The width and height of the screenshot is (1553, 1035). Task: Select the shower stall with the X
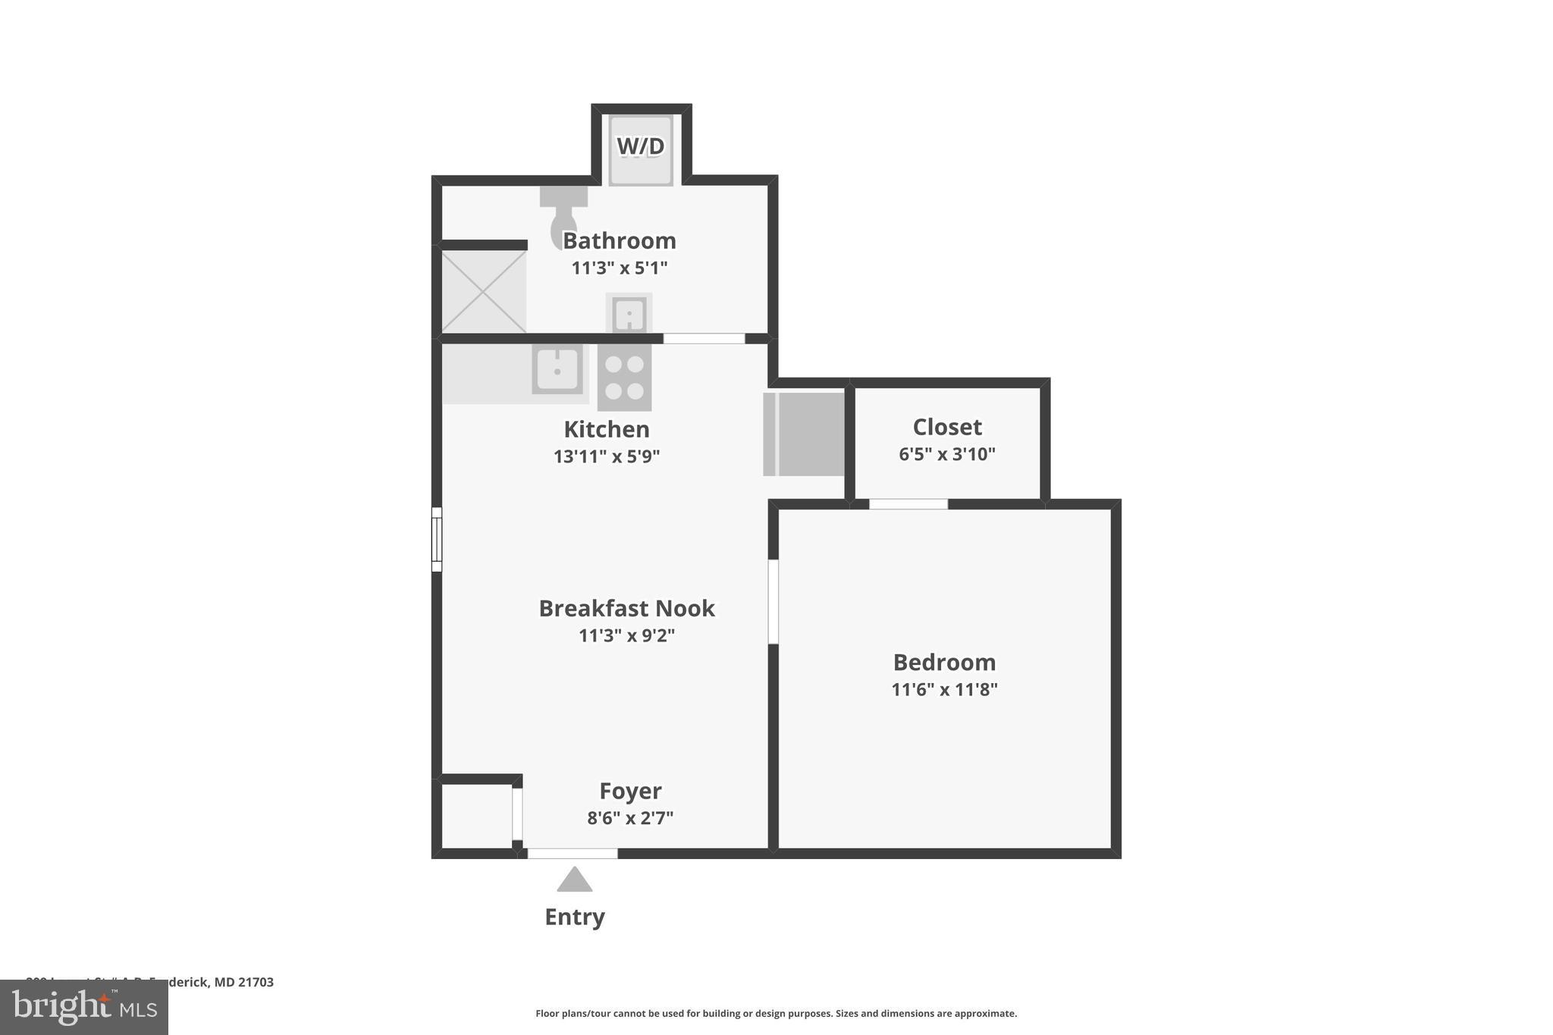483,292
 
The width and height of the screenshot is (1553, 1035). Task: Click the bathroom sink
629,314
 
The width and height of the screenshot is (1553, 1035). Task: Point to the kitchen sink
557,369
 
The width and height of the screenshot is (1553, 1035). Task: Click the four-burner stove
624,377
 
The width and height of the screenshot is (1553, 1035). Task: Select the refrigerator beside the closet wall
805,434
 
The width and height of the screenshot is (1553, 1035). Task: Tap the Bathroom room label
619,241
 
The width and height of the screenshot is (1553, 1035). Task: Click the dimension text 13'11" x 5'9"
607,456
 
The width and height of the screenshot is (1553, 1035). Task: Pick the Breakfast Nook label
626,608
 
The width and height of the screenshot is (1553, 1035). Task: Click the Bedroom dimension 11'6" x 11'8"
944,689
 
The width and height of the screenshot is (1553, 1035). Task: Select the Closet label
947,427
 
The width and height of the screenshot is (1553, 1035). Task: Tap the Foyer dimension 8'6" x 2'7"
630,818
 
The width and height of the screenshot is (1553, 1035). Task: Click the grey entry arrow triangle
574,880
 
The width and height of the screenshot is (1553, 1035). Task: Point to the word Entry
574,917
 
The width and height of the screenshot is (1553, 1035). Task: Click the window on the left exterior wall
437,539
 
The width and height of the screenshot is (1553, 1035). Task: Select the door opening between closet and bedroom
908,504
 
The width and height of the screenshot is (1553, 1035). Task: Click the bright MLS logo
84,1007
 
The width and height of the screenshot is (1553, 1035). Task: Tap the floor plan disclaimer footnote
776,1013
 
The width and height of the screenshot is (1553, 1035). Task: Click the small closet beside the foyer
477,816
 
